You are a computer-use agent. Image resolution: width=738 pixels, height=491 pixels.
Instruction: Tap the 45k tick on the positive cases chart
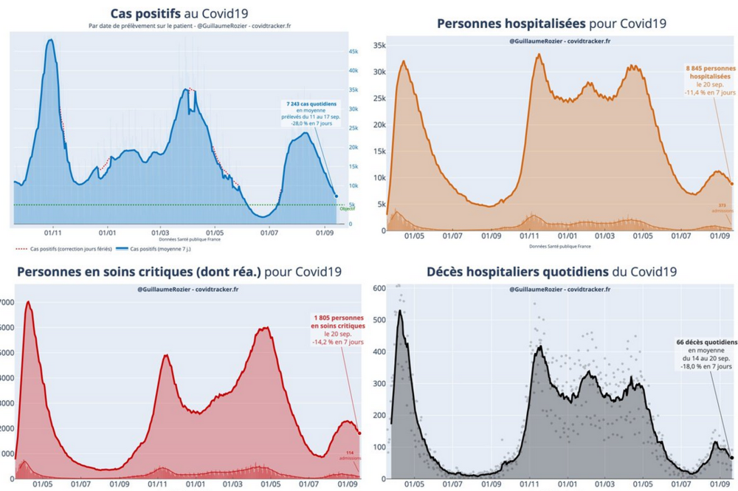click(354, 51)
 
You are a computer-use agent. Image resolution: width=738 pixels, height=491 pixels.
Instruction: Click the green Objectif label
click(347, 209)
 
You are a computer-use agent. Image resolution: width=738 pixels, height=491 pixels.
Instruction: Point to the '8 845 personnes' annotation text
click(709, 67)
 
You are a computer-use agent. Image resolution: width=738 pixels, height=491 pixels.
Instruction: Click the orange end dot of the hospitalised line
click(732, 183)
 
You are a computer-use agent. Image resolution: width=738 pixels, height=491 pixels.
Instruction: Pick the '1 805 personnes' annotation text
click(337, 317)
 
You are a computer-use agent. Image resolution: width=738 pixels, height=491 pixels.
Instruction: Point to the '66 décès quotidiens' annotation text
click(706, 343)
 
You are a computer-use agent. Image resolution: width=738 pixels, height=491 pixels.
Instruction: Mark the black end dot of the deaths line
click(732, 458)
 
